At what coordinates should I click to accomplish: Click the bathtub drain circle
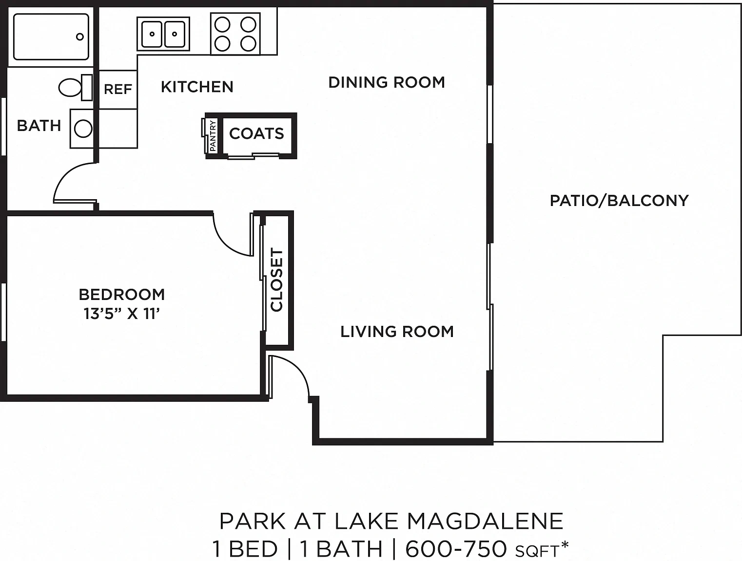[x=80, y=37]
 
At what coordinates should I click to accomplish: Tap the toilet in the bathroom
[x=76, y=88]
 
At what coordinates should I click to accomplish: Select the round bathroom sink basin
[x=83, y=129]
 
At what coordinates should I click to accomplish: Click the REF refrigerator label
[x=117, y=89]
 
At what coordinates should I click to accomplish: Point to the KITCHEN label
[x=197, y=87]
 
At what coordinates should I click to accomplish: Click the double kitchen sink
[x=163, y=34]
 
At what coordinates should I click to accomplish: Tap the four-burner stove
[x=235, y=34]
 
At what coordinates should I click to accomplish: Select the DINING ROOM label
[x=387, y=82]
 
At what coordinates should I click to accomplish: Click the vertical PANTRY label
[x=213, y=136]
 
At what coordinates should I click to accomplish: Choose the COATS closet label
[x=256, y=133]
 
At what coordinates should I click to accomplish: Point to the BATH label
[x=39, y=126]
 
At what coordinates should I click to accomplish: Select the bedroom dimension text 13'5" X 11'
[x=122, y=314]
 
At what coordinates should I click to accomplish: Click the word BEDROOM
[x=122, y=295]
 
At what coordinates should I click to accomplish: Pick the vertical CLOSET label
[x=276, y=280]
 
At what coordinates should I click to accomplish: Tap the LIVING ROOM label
[x=397, y=332]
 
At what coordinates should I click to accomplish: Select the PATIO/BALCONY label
[x=619, y=201]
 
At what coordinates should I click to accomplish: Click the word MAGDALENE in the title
[x=485, y=522]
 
